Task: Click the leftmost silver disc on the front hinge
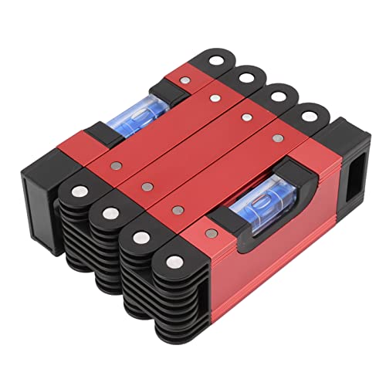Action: pos(78,190)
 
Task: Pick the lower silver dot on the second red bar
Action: pos(113,164)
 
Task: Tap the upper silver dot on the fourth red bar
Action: pos(277,137)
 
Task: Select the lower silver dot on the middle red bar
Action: pos(146,185)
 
